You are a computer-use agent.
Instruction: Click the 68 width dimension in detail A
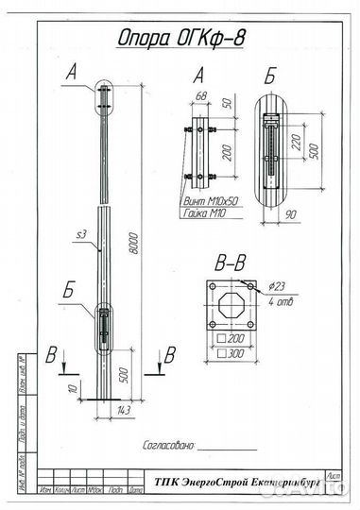point(200,94)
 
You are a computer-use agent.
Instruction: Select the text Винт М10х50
point(211,201)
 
